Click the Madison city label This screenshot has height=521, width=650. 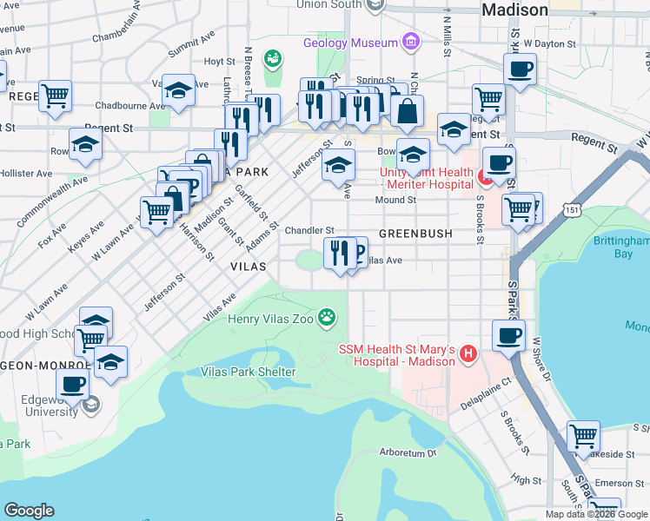(514, 10)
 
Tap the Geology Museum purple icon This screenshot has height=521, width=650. (410, 43)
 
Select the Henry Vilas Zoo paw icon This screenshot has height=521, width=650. (327, 318)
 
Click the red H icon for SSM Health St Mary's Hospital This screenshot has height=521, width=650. (468, 354)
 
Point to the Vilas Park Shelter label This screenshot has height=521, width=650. (249, 372)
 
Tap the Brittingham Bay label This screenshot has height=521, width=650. (620, 247)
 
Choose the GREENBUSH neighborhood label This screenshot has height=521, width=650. (415, 234)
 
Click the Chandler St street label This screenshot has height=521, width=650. (310, 230)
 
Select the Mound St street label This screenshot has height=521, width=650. (395, 200)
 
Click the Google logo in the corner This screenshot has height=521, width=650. (29, 511)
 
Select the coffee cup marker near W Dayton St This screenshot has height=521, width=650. (520, 69)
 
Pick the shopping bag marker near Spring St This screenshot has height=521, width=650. (407, 110)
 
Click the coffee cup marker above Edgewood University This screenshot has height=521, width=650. (73, 384)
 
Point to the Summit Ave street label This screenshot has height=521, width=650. (191, 47)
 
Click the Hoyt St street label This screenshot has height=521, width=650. (219, 62)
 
